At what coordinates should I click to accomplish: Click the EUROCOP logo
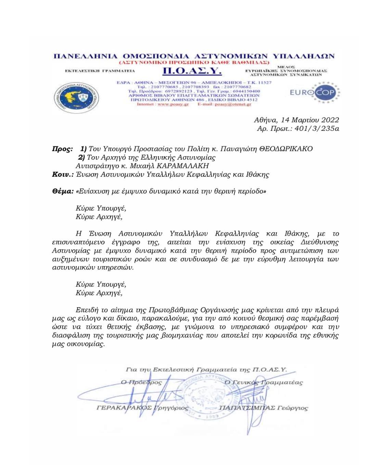(x=312, y=92)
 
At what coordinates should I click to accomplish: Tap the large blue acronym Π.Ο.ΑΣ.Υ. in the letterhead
(x=192, y=71)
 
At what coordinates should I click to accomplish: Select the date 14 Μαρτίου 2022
(x=310, y=120)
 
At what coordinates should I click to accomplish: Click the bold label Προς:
(x=62, y=149)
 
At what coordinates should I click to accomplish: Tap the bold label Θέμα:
(x=63, y=191)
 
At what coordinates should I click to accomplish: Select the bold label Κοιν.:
(x=63, y=174)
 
